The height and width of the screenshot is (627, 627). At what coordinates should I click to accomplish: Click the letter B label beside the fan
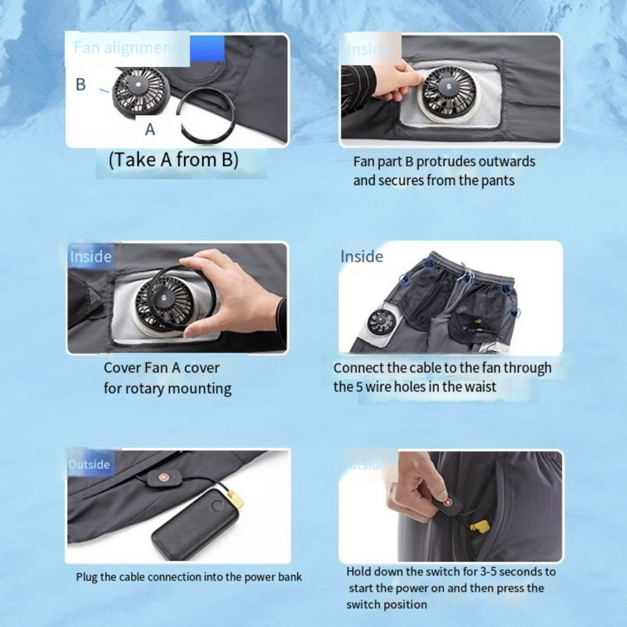[80, 84]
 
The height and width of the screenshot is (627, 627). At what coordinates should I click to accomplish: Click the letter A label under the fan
[150, 129]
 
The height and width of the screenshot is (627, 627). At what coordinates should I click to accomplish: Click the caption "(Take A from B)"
[173, 159]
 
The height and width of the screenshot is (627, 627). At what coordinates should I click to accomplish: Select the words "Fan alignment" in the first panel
[123, 47]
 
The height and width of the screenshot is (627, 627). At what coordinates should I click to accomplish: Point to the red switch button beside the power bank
[162, 478]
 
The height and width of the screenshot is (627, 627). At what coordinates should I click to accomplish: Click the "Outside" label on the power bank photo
[89, 465]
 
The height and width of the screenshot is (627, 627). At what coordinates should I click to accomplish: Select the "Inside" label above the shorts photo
[361, 257]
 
